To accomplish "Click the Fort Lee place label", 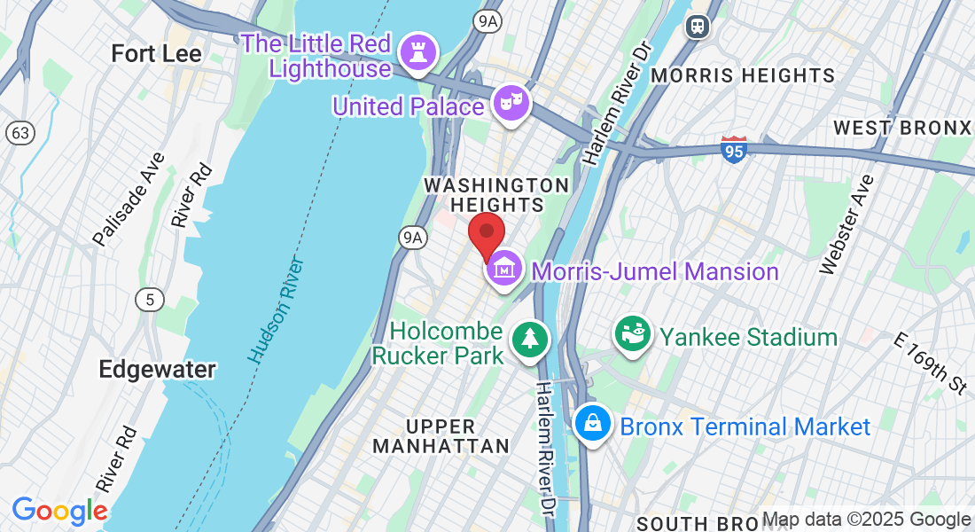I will (156, 53).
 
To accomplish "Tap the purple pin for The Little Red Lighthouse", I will (414, 51).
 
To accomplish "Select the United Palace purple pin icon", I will (511, 103).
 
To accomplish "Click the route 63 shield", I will (19, 133).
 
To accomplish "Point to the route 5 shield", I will (150, 300).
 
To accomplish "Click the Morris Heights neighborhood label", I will (743, 75).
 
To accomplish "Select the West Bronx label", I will (902, 128).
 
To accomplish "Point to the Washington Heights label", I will (496, 195).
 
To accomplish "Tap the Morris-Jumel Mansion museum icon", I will (504, 268).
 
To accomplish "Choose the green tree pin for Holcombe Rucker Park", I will (530, 339).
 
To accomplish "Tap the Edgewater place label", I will (157, 369).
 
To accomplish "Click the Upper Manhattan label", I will (441, 436).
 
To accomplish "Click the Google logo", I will (59, 512).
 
